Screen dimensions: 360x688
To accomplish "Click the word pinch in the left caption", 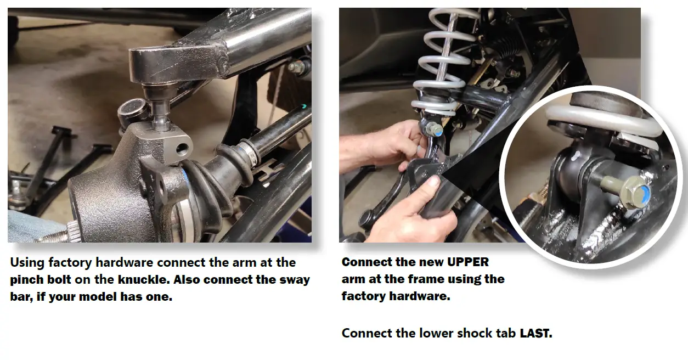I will point(27,279).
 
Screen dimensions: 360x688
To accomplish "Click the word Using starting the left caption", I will point(28,262).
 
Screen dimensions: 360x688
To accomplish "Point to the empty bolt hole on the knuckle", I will point(179,149).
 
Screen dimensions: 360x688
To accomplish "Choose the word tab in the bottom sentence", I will point(508,333).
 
